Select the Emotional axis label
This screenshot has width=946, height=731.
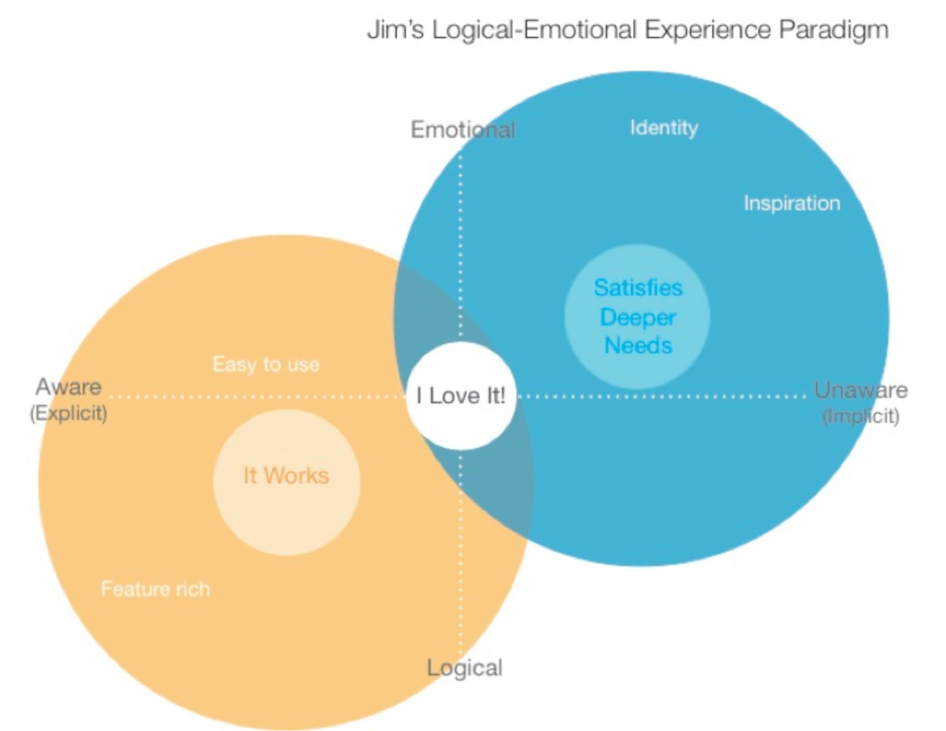(x=462, y=130)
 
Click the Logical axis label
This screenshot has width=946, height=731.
(x=464, y=668)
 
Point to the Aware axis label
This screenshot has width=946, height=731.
(x=68, y=387)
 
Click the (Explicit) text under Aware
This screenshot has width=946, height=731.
(x=68, y=413)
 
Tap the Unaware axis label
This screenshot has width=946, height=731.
(x=861, y=390)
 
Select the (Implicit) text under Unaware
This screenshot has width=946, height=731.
(x=861, y=416)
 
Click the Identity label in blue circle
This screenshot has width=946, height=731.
(x=664, y=128)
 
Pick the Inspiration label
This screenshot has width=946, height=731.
(x=792, y=203)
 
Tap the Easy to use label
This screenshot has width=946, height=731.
(x=266, y=364)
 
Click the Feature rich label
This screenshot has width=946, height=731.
(x=156, y=589)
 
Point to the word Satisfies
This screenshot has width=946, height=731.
(x=638, y=288)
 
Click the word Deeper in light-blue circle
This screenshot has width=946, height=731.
(x=638, y=318)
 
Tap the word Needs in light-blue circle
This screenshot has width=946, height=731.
(x=638, y=346)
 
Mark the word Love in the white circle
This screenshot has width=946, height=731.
(x=455, y=396)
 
